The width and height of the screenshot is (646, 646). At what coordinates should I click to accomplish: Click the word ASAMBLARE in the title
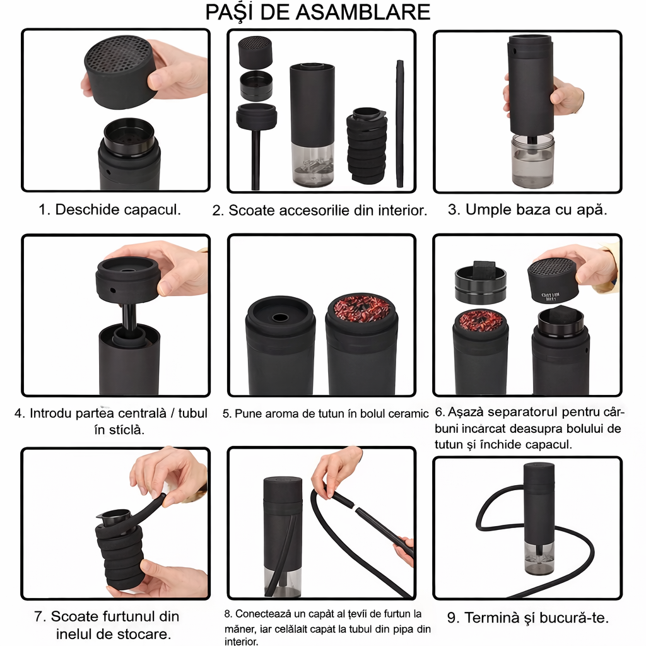[x=363, y=13]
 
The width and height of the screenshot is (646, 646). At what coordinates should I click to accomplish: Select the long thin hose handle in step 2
[x=399, y=124]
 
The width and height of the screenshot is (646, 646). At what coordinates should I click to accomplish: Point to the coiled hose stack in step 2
[x=367, y=146]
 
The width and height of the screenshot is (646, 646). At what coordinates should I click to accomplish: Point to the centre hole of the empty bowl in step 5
[x=281, y=318]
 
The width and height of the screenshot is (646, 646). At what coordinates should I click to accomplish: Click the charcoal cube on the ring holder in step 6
[x=488, y=271]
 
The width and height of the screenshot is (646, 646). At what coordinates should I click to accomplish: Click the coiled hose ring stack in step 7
[x=120, y=552]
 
